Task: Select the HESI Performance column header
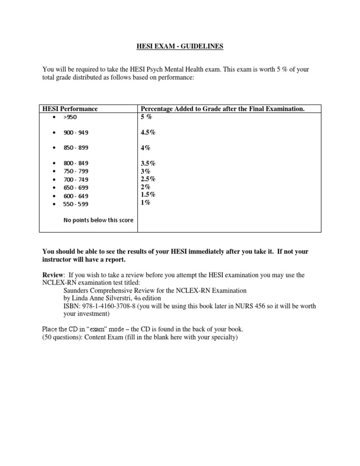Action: (70, 109)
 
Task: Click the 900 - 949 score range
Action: (75, 133)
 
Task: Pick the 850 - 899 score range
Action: (75, 148)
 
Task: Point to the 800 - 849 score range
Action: (75, 163)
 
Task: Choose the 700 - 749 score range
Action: (75, 180)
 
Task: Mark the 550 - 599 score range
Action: (75, 204)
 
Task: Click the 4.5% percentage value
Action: (148, 133)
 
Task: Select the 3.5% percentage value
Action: (148, 163)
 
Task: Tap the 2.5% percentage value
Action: (148, 179)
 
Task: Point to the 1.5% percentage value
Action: (148, 195)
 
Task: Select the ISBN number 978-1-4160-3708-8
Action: (106, 306)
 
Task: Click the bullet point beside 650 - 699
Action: (55, 188)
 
